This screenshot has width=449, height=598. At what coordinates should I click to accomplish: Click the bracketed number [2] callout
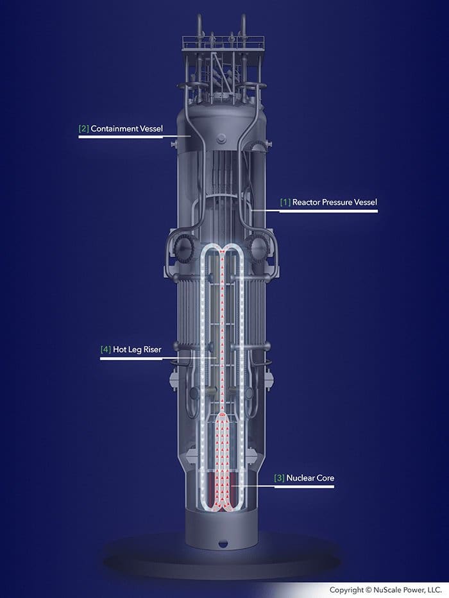[x=83, y=128]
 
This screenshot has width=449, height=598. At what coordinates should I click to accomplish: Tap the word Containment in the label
[x=114, y=128]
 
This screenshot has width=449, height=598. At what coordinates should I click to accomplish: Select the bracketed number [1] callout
[x=285, y=202]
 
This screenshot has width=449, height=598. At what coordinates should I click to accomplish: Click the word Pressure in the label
[x=337, y=202]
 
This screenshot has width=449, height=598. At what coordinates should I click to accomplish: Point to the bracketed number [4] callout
[x=106, y=349]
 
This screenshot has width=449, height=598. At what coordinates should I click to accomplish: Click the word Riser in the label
[x=152, y=349]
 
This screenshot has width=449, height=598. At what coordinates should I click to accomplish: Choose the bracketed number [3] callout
[x=280, y=478]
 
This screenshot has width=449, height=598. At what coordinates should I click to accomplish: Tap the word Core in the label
[x=326, y=478]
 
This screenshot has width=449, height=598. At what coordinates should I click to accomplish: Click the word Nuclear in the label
[x=301, y=478]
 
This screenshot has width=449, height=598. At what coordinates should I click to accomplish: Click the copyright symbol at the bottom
[x=368, y=590]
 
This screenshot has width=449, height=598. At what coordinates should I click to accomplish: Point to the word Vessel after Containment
[x=151, y=128]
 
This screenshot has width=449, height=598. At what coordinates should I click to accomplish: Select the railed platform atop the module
[x=223, y=42]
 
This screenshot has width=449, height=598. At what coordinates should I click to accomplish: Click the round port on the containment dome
[x=221, y=139]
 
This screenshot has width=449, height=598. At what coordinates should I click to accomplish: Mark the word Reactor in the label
[x=306, y=202]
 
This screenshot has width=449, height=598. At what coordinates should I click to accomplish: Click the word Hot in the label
[x=119, y=349]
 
